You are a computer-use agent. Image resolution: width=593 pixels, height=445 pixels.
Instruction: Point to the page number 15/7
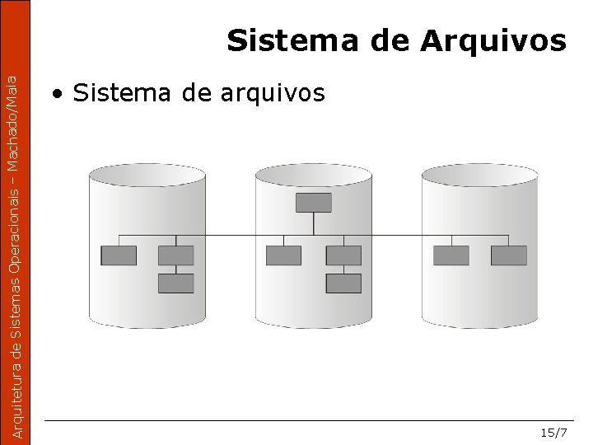[x=553, y=433]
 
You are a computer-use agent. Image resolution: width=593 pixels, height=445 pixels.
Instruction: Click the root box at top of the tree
[x=313, y=203]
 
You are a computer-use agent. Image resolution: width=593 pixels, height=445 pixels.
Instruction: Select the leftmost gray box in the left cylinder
[x=119, y=255]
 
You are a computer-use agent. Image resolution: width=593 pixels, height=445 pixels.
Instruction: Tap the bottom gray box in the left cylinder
[x=175, y=283]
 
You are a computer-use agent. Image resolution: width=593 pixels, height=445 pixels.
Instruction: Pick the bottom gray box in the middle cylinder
[x=343, y=283]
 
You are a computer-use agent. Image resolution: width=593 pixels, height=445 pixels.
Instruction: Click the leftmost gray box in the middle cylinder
[x=283, y=255]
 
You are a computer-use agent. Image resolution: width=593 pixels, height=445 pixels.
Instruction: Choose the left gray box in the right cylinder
[x=451, y=255]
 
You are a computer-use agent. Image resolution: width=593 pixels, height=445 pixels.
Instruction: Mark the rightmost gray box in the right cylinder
[x=509, y=255]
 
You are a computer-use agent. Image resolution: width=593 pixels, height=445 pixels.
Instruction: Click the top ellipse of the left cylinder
[x=147, y=175]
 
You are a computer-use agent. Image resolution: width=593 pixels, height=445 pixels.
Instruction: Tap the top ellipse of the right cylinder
[x=479, y=175]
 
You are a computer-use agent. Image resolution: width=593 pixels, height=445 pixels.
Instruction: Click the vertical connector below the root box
[x=313, y=223]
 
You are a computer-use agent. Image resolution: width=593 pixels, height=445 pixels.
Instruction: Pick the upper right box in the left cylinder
[x=175, y=255]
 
